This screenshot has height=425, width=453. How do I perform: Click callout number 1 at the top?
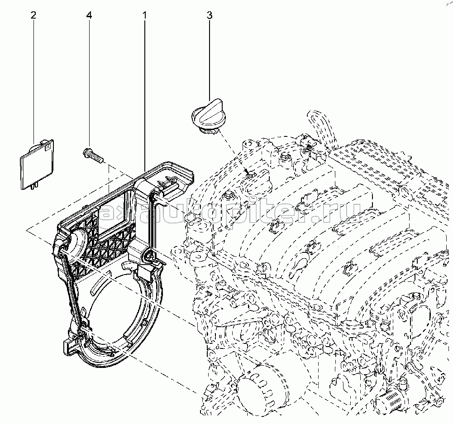pyautogui.click(x=145, y=15)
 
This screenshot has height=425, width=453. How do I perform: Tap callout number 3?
pyautogui.click(x=209, y=15)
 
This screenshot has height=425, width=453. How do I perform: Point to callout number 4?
pyautogui.click(x=89, y=15)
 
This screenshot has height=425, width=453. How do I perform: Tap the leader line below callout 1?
pyautogui.click(x=145, y=91)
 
